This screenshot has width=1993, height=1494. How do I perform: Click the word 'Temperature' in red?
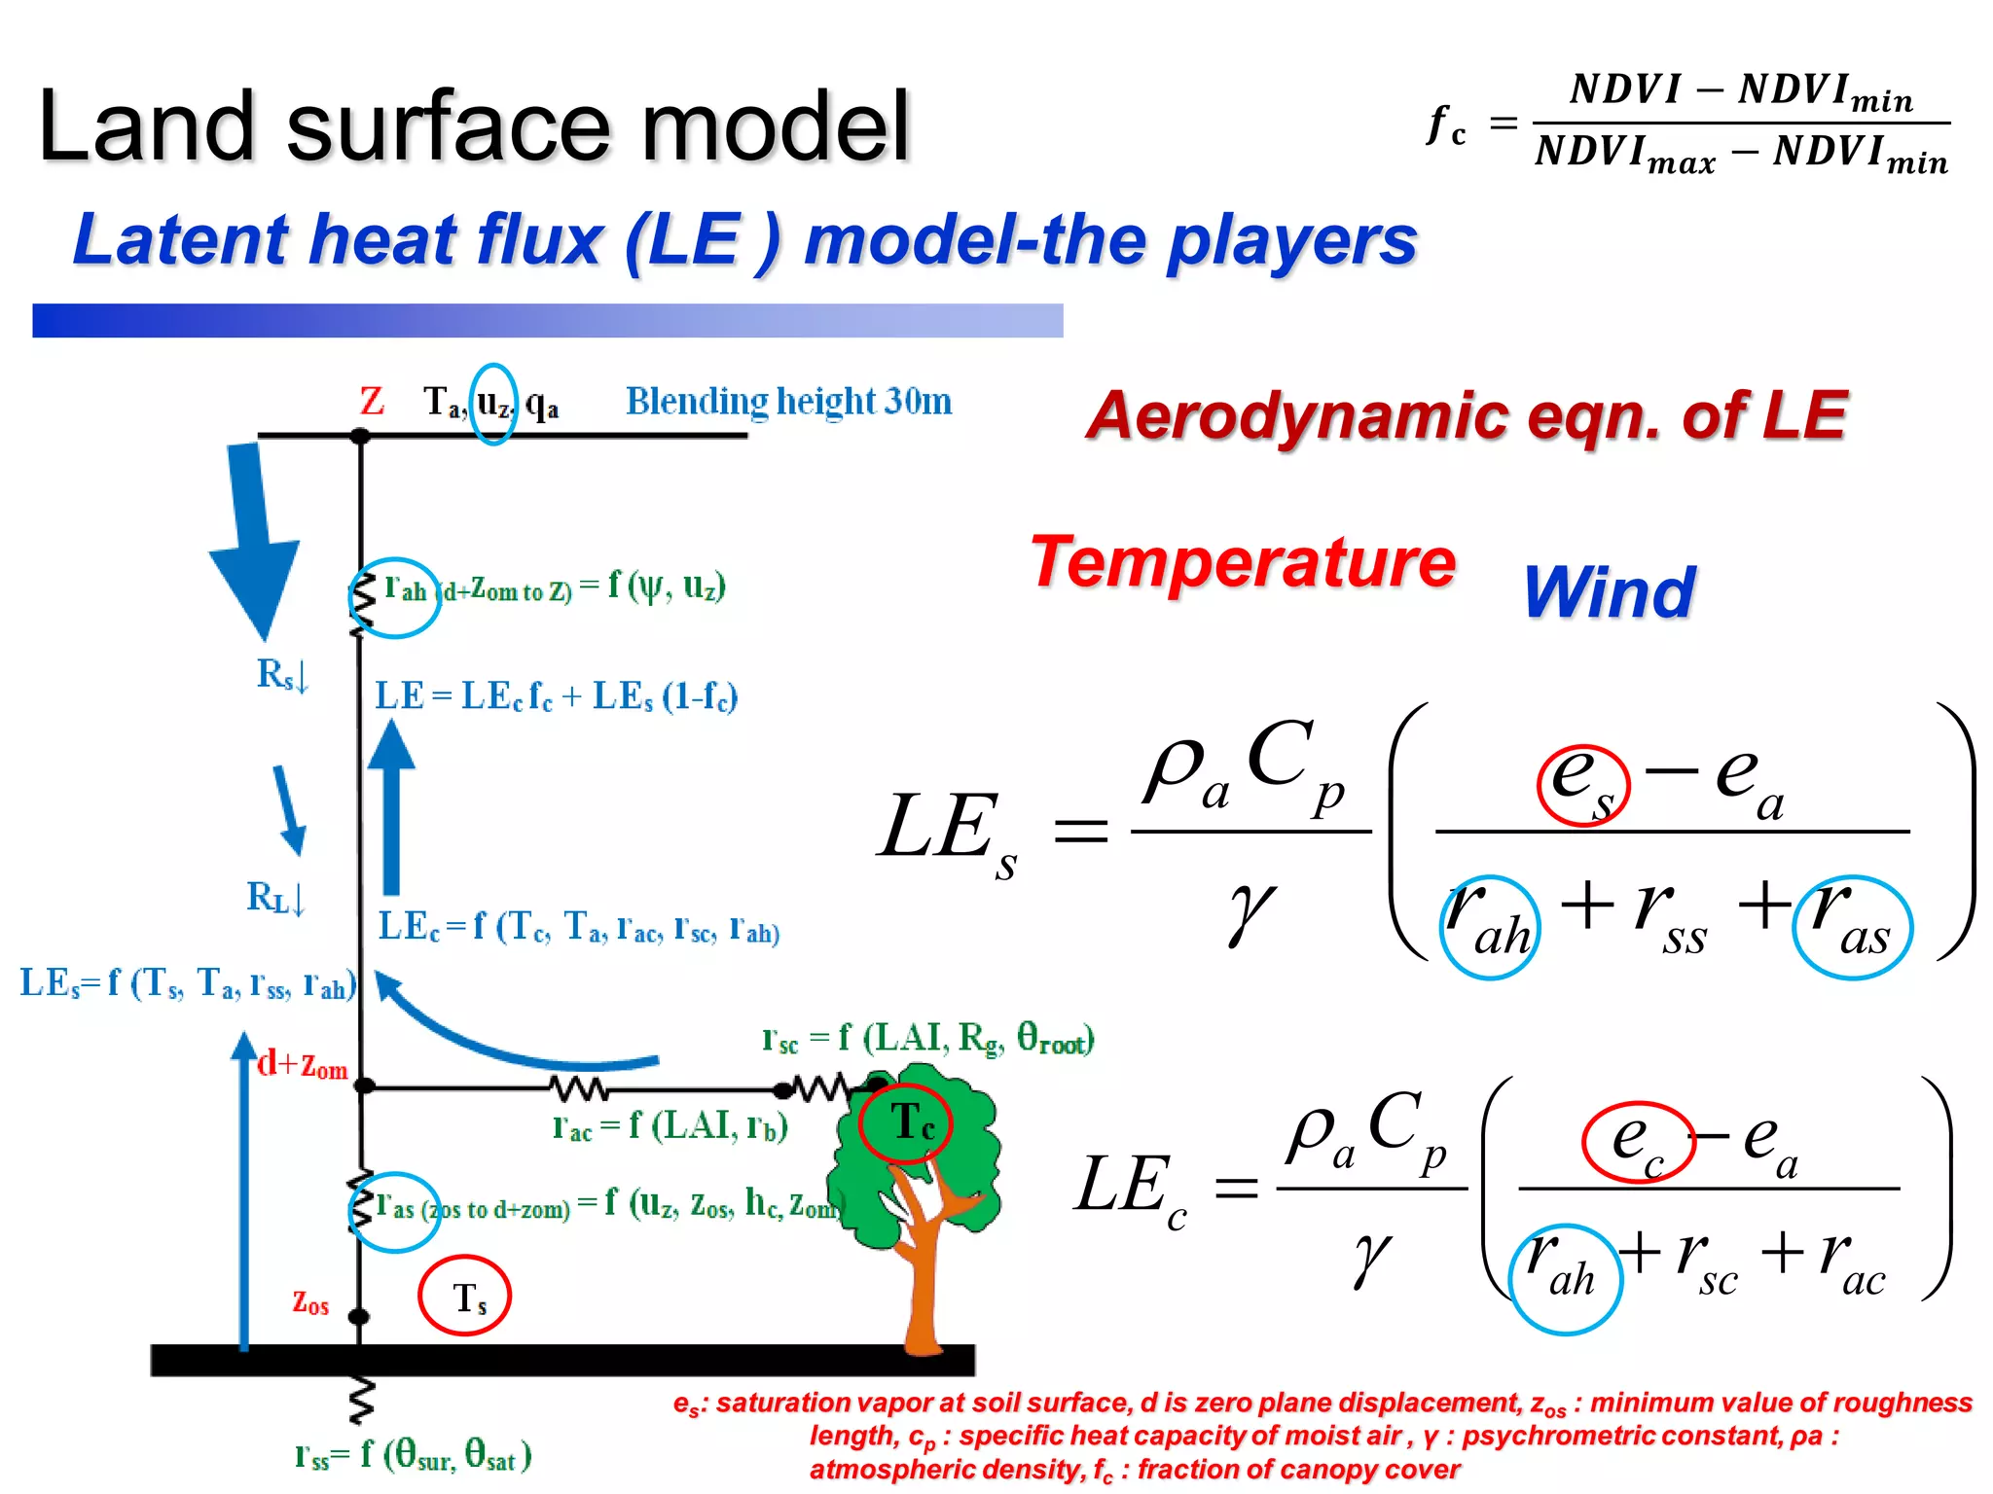pyautogui.click(x=1243, y=563)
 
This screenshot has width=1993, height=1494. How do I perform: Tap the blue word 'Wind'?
pyautogui.click(x=1609, y=592)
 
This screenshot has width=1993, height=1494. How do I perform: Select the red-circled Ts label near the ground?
pyautogui.click(x=465, y=1297)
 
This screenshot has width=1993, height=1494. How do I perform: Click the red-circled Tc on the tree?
pyautogui.click(x=907, y=1123)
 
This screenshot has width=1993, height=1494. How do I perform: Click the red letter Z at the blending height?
pyautogui.click(x=372, y=402)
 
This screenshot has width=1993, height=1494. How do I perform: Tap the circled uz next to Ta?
pyautogui.click(x=493, y=403)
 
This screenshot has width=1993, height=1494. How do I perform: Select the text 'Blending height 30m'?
pyautogui.click(x=788, y=402)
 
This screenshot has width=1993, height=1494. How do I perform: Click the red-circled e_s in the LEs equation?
pyautogui.click(x=1582, y=784)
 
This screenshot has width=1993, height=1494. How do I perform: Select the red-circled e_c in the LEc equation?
pyautogui.click(x=1638, y=1141)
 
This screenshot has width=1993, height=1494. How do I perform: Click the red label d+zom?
pyautogui.click(x=303, y=1065)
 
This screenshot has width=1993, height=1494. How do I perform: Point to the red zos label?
pyautogui.click(x=310, y=1302)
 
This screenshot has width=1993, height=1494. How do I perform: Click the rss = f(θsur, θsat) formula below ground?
pyautogui.click(x=414, y=1455)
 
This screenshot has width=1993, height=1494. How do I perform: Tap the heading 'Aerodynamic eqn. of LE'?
pyautogui.click(x=1467, y=416)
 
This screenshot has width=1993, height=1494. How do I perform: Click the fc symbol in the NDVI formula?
pyautogui.click(x=1446, y=126)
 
